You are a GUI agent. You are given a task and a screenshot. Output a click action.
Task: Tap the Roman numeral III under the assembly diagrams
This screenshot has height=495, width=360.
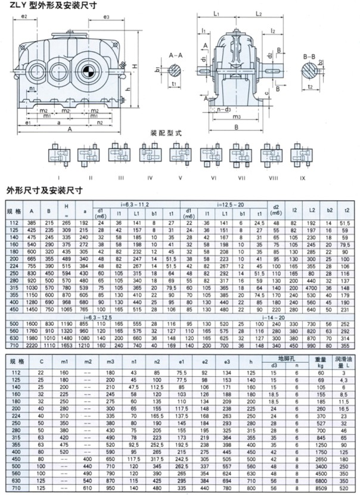tap(120, 177)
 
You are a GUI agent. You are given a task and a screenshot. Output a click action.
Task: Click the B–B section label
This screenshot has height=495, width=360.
tap(309, 55)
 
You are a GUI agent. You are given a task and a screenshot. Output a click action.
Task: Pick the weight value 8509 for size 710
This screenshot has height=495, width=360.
tap(322, 488)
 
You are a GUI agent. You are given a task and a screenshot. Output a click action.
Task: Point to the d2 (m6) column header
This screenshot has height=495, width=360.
tap(276, 210)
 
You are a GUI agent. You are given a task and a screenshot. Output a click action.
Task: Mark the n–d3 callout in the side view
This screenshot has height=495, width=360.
tap(224, 109)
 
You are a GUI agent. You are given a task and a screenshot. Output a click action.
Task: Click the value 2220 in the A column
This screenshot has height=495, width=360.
tap(32, 344)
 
